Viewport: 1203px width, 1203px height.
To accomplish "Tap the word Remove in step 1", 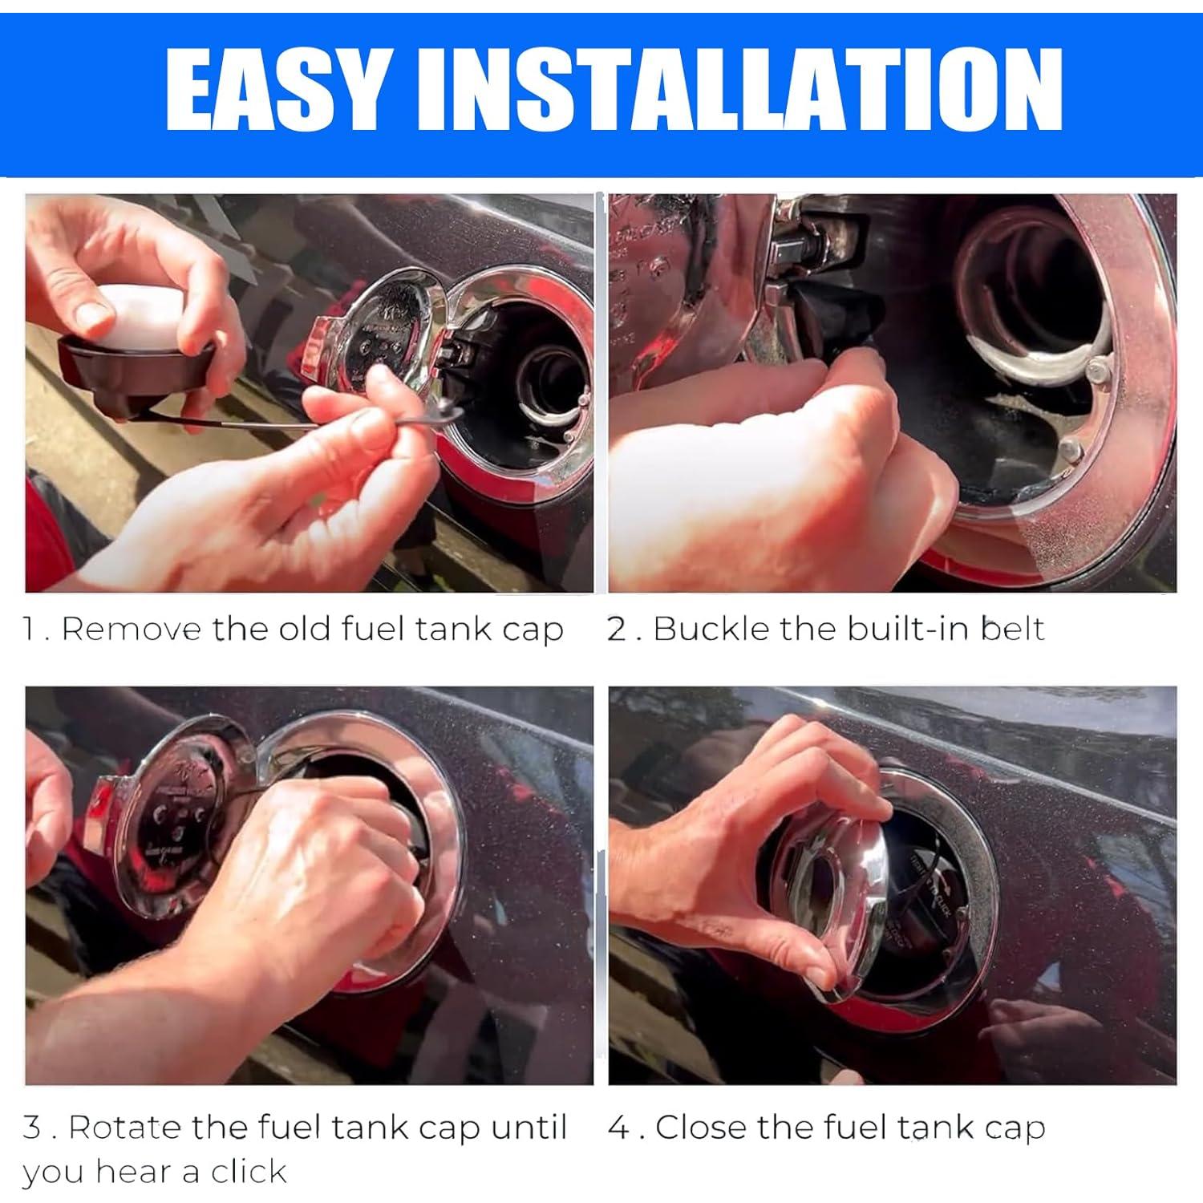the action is click(132, 629).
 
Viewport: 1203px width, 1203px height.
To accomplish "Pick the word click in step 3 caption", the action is click(249, 1172).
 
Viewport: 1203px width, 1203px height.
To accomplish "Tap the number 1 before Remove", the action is click(29, 630).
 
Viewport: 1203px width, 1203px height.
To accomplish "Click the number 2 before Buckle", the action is click(617, 630).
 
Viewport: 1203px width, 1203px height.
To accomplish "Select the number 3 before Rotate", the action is click(33, 1128).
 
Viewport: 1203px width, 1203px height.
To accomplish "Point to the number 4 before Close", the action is click(618, 1128).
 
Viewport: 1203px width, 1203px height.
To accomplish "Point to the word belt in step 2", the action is click(1014, 629).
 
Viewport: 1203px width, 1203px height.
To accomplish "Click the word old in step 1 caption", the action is click(305, 629).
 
